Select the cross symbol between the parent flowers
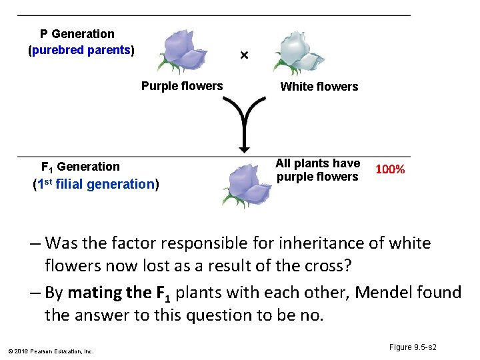[244, 55]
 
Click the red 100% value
[390, 169]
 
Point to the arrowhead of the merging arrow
[244, 148]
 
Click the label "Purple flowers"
[182, 86]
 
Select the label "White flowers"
[319, 87]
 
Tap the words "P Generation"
[77, 34]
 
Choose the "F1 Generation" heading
[81, 167]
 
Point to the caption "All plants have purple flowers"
[317, 170]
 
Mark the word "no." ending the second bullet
[311, 315]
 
